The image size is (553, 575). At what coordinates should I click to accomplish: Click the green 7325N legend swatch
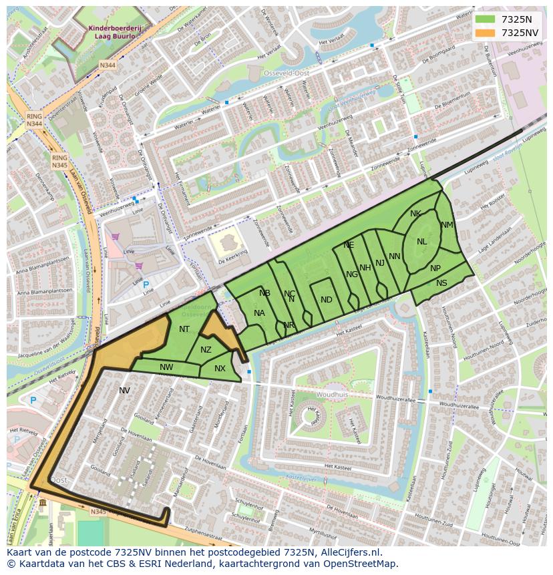484,19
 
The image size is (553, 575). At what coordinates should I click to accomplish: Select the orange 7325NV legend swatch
484,33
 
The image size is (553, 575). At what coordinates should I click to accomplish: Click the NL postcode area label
421,242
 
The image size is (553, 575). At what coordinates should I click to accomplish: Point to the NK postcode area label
415,214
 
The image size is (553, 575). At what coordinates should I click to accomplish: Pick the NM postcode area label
447,225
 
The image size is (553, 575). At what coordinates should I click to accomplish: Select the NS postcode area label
441,283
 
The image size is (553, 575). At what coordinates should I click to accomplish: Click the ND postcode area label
326,300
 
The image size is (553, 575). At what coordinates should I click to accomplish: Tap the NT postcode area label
184,329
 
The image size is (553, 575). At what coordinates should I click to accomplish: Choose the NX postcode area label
220,369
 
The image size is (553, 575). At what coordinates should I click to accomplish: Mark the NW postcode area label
166,367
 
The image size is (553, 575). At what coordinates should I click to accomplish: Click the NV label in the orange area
124,390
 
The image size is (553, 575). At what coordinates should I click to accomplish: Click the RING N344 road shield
34,120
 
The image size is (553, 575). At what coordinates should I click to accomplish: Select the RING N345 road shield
59,161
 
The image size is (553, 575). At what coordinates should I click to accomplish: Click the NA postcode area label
259,313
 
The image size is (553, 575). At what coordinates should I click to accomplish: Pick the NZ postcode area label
206,350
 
